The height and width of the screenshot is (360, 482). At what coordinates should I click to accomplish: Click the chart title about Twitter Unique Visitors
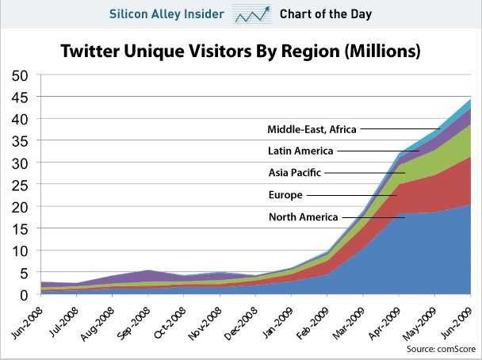[241, 52]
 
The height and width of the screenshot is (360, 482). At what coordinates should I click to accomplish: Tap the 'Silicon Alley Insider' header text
[165, 13]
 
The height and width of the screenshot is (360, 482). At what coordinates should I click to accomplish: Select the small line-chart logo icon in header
[255, 13]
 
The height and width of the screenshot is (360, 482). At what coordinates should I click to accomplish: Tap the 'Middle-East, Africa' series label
[311, 128]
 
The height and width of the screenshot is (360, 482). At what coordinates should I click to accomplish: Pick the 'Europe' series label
[284, 194]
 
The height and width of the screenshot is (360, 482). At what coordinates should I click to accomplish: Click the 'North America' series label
[303, 216]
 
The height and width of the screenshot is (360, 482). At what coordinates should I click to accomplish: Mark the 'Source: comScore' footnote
[438, 348]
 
